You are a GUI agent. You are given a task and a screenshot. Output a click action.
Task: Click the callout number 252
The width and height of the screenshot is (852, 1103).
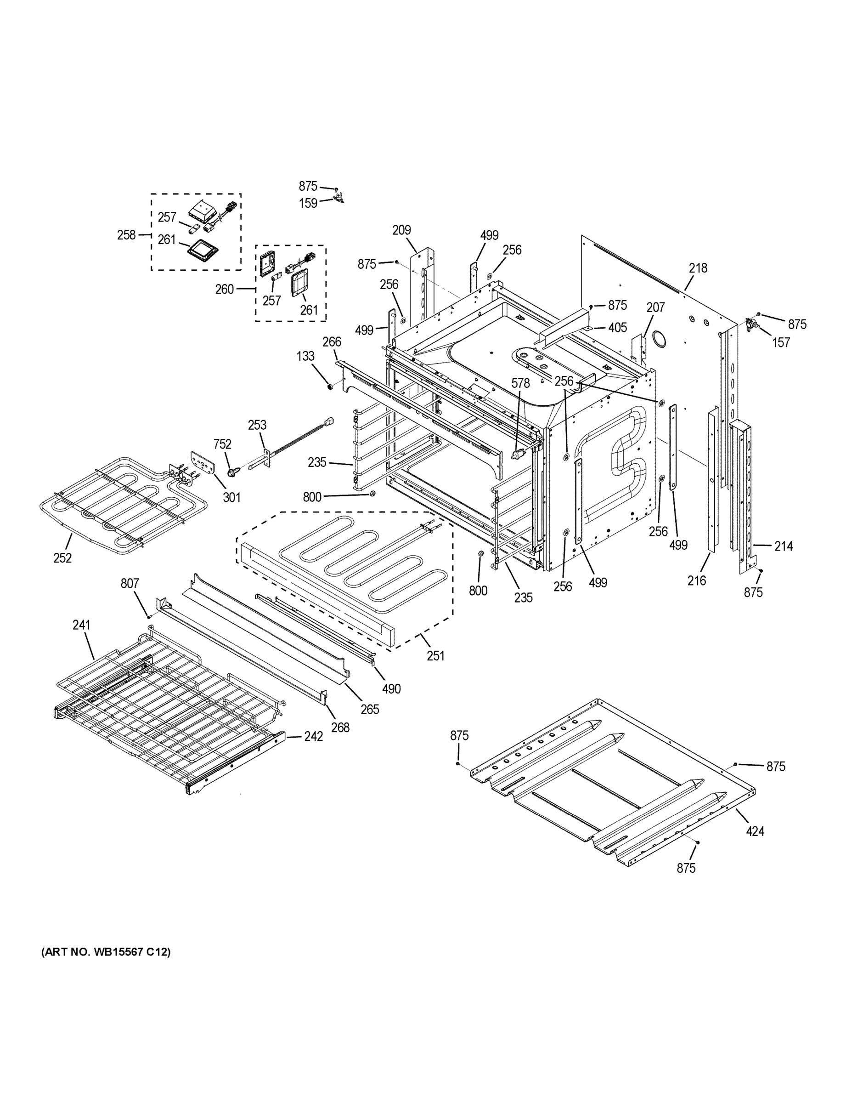(62, 557)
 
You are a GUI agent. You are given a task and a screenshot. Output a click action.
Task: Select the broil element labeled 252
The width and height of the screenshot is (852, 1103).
(116, 500)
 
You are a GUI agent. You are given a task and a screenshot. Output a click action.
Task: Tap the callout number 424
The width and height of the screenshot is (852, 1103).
(755, 831)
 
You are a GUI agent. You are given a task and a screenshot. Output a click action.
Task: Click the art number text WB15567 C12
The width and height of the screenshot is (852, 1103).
(106, 952)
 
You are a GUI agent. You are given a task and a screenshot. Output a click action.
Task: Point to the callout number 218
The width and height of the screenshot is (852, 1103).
(698, 268)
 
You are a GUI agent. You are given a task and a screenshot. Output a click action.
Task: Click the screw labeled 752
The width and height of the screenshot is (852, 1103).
(234, 472)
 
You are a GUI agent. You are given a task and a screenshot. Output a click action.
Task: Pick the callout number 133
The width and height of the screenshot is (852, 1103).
(305, 356)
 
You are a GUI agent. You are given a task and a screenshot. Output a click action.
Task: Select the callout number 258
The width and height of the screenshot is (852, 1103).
(126, 234)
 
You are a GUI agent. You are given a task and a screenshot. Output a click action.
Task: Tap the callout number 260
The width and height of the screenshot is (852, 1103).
(225, 289)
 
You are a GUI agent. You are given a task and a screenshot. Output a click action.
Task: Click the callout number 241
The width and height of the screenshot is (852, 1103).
(81, 625)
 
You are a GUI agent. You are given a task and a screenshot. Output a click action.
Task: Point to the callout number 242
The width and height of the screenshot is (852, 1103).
(313, 736)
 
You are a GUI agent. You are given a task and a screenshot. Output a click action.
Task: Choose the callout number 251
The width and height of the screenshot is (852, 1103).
(435, 655)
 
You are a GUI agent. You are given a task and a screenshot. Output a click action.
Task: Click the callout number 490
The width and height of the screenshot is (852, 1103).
(392, 688)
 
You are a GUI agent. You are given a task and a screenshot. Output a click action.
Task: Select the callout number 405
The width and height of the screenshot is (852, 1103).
(617, 327)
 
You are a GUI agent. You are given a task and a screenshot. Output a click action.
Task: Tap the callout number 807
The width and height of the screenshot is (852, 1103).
(129, 583)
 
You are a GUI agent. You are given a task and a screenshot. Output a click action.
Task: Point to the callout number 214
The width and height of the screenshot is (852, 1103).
(784, 546)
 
